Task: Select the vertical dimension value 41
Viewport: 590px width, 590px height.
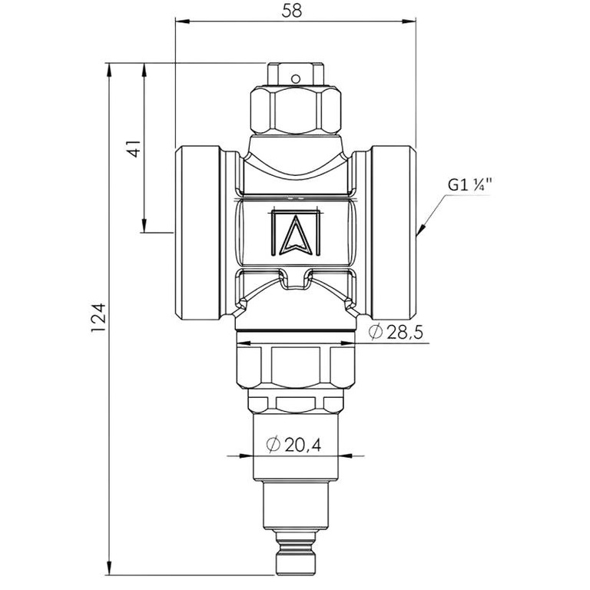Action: (x=134, y=148)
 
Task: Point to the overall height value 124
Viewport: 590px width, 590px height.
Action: (x=98, y=317)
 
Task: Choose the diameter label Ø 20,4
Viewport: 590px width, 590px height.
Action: (x=293, y=444)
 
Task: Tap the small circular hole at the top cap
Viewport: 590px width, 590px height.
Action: (x=296, y=77)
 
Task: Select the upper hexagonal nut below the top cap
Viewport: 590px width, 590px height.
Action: (x=296, y=111)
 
